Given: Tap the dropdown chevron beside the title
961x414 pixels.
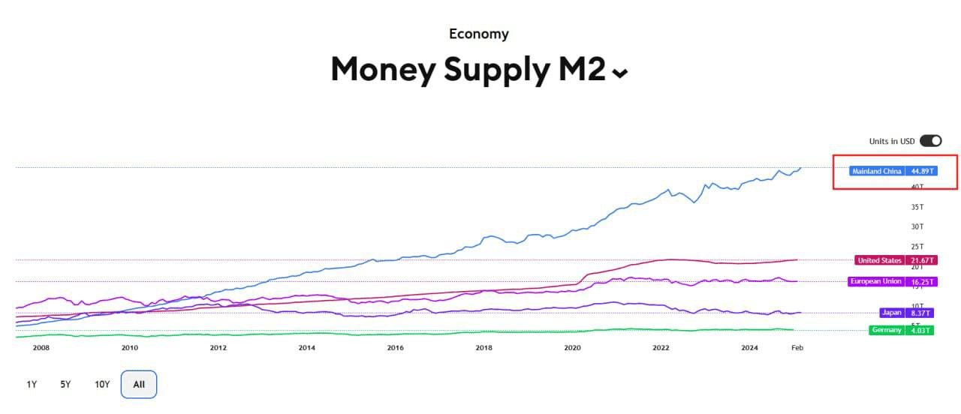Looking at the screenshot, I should pyautogui.click(x=620, y=73).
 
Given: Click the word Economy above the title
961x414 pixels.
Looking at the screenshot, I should pyautogui.click(x=479, y=34).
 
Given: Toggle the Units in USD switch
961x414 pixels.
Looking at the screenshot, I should pyautogui.click(x=930, y=141).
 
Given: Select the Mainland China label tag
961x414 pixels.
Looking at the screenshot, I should pyautogui.click(x=877, y=171).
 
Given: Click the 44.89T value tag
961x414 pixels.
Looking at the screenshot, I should pyautogui.click(x=921, y=171).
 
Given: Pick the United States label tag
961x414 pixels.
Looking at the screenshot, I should pyautogui.click(x=879, y=260).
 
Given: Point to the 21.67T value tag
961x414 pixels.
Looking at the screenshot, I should pyautogui.click(x=920, y=260).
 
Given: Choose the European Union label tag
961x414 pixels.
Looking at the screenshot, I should pyautogui.click(x=875, y=281).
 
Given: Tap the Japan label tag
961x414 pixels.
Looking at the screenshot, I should pyautogui.click(x=892, y=313).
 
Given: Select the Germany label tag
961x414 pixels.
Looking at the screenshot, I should pyautogui.click(x=887, y=330).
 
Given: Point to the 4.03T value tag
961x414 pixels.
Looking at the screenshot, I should pyautogui.click(x=920, y=330).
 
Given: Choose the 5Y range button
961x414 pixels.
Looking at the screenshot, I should pyautogui.click(x=66, y=385).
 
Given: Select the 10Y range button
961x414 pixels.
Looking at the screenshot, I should pyautogui.click(x=102, y=385).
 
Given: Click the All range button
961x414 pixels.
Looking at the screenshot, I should pyautogui.click(x=139, y=385).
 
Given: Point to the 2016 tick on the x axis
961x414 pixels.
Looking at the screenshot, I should pyautogui.click(x=395, y=348).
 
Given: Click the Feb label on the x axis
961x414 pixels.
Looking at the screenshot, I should pyautogui.click(x=797, y=348).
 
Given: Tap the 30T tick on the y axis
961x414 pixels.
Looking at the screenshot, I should pyautogui.click(x=917, y=226).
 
